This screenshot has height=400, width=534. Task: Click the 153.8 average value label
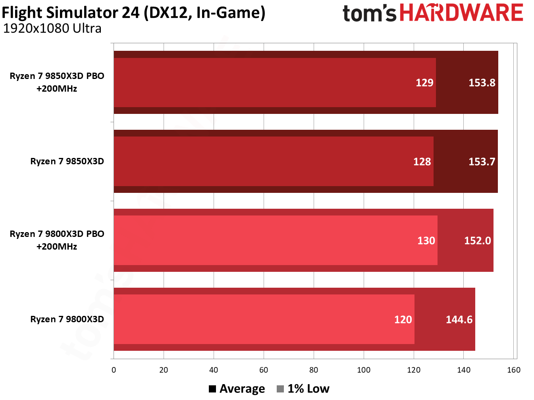482,83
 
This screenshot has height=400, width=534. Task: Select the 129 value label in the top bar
424,83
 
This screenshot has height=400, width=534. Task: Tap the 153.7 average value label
482,162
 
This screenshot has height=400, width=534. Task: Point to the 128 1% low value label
422,162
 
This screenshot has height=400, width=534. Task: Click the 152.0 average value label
477,240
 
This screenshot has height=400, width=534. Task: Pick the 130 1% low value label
426,240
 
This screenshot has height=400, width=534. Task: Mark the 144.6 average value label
459,319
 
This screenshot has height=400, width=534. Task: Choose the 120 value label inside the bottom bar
403,319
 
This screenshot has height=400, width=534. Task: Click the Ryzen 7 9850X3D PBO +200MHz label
57,82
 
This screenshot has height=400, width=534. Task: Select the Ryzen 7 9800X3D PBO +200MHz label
57,240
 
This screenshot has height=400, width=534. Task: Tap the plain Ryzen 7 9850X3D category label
67,161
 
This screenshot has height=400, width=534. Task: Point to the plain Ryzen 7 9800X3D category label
67,319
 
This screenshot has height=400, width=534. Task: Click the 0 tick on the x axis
114,370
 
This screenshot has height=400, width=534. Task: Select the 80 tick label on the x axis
314,370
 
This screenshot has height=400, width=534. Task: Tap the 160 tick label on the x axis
513,370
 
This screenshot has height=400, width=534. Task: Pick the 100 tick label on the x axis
364,370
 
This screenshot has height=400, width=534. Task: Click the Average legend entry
237,389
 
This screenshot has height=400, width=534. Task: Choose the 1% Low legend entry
303,389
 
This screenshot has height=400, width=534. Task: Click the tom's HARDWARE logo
432,13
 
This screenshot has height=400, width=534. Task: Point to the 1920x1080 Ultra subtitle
52,29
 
